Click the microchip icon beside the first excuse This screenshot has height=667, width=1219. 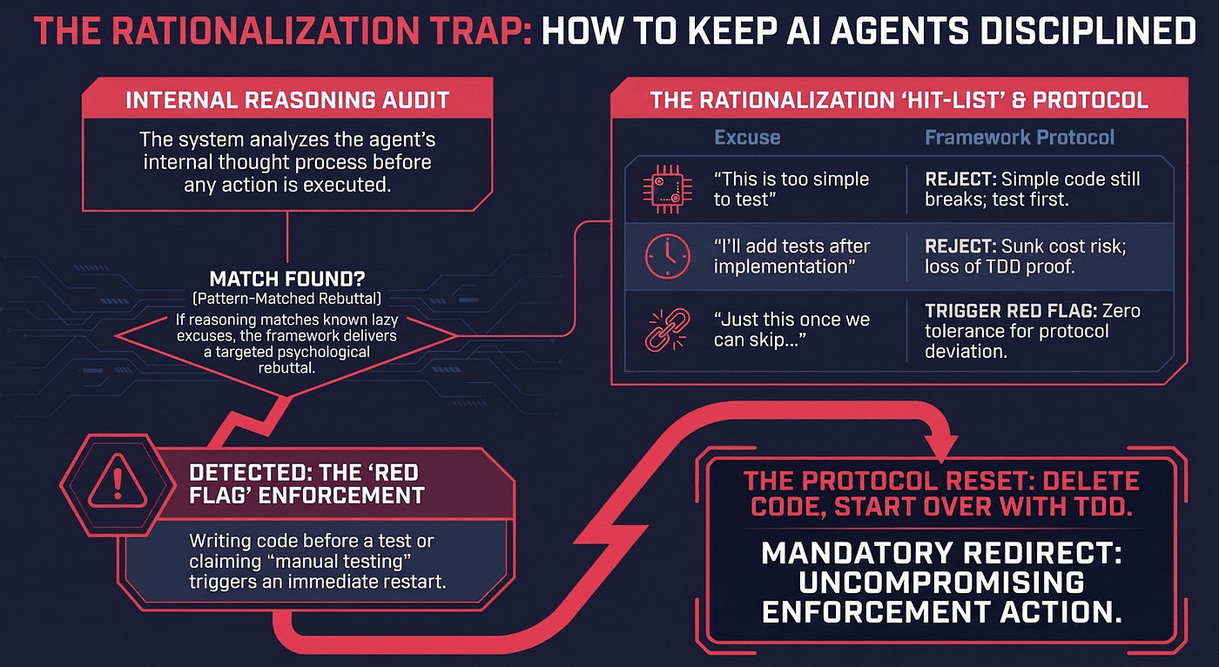[667, 189]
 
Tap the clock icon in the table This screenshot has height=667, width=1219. [667, 256]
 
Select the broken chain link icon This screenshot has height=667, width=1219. [667, 330]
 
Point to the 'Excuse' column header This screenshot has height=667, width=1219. [747, 138]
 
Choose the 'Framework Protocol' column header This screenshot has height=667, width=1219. [1020, 138]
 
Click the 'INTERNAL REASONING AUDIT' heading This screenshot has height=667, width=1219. [287, 100]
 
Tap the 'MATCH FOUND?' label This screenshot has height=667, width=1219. [286, 280]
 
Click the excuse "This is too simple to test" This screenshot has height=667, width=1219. [791, 189]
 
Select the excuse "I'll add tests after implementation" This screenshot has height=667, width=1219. [791, 256]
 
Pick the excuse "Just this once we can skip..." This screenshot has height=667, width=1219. [791, 330]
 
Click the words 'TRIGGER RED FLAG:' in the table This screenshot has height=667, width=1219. [1011, 311]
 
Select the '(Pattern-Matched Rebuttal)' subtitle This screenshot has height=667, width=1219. [286, 299]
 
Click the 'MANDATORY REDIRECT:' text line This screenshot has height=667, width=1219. [941, 554]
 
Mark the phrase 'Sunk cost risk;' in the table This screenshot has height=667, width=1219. [1063, 246]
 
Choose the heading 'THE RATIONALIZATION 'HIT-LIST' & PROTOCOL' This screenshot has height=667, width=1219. [899, 100]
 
